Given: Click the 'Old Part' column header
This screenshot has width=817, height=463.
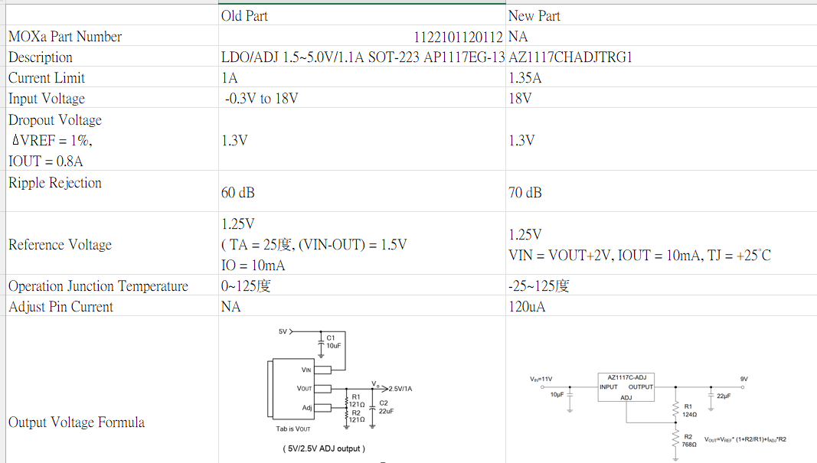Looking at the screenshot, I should click(x=244, y=16).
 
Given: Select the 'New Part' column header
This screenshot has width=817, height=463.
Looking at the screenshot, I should click(x=534, y=16).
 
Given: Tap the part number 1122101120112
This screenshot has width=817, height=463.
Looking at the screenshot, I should click(x=458, y=37).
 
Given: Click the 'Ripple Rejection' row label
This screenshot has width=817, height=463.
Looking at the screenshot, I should click(x=55, y=183).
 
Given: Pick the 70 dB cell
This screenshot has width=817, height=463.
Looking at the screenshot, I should click(x=525, y=193).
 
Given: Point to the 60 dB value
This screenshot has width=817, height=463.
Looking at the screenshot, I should click(x=238, y=193).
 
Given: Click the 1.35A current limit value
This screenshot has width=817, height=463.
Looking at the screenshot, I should click(x=525, y=78).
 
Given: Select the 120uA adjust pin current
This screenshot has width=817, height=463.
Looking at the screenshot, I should click(x=528, y=307).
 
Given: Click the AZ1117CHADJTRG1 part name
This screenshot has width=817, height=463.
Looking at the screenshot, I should click(x=570, y=57).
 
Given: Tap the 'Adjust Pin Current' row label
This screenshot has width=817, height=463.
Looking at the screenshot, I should click(x=60, y=307).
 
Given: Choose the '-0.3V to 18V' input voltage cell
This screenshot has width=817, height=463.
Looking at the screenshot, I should click(x=261, y=99).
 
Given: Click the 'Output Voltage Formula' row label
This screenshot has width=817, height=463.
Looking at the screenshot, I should click(x=76, y=422).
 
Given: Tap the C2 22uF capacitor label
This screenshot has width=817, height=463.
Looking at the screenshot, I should click(x=385, y=406).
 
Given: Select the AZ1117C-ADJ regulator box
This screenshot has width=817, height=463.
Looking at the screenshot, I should click(x=626, y=386).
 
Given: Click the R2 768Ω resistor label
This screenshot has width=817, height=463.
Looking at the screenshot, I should click(x=690, y=440).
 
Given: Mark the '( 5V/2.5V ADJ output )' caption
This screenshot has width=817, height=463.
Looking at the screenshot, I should click(x=324, y=448).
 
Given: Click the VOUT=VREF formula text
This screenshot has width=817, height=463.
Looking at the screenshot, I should click(x=746, y=440).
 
